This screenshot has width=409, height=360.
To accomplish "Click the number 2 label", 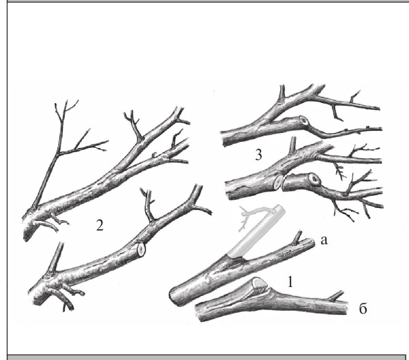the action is pyautogui.click(x=100, y=226).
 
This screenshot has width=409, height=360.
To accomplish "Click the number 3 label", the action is pyautogui.click(x=258, y=155).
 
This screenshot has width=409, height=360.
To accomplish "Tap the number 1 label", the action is pyautogui.click(x=290, y=282).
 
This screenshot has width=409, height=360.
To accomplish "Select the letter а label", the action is pyautogui.click(x=323, y=241).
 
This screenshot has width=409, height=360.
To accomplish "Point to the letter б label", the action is pyautogui.click(x=363, y=309).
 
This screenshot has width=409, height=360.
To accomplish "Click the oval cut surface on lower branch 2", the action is pyautogui.click(x=141, y=250).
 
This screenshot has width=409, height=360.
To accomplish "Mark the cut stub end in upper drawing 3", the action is pyautogui.click(x=304, y=121).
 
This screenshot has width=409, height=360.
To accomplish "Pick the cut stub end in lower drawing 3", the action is pyautogui.click(x=315, y=179).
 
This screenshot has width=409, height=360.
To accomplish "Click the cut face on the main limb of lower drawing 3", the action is pyautogui.click(x=278, y=181).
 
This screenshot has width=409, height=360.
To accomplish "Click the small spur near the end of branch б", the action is pyautogui.click(x=335, y=296).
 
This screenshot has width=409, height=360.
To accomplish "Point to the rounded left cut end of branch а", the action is pyautogui.click(x=174, y=297).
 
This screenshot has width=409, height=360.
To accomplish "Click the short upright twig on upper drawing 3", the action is pyautogui.click(x=282, y=93).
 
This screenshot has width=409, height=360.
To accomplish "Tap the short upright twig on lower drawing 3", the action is pyautogui.click(x=293, y=145).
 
